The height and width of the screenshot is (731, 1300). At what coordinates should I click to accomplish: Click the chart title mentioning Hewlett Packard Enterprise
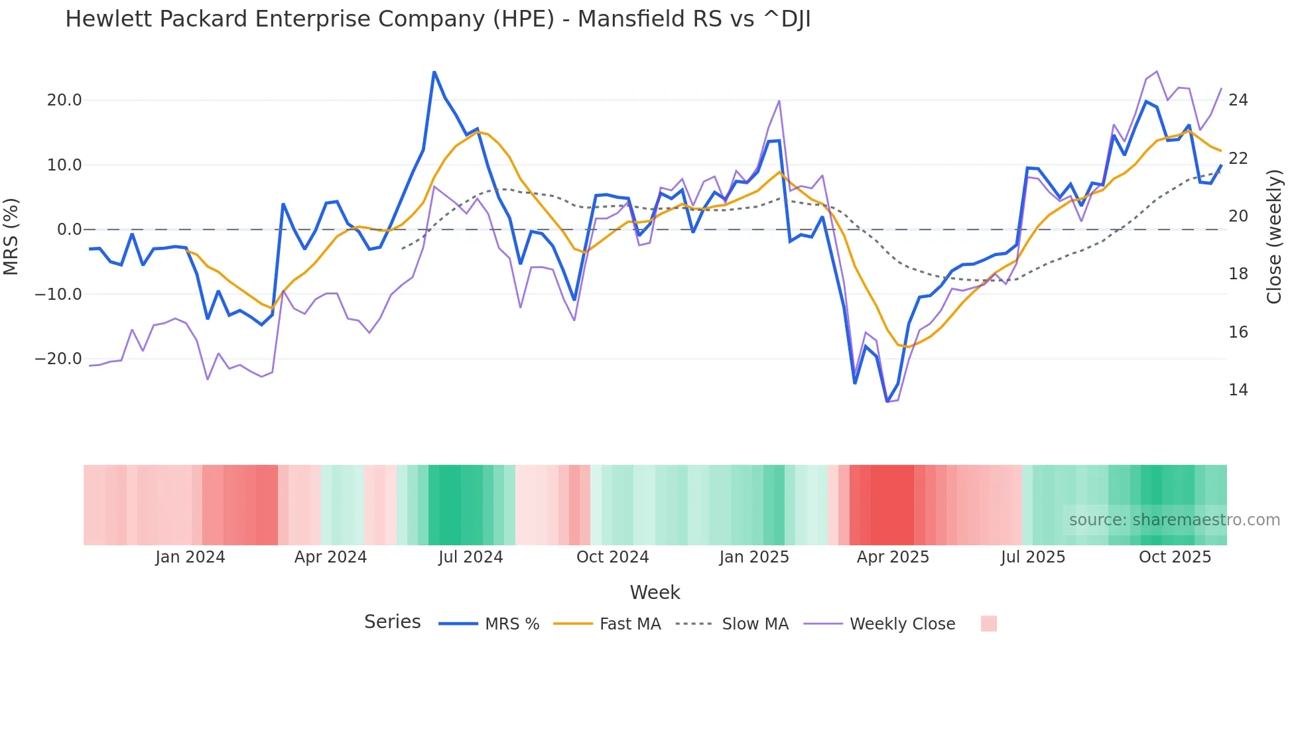pos(438,19)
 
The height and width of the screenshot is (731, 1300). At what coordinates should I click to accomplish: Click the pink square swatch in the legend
pos(988,624)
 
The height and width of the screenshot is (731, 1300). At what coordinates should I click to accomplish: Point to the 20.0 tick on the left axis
pos(64,100)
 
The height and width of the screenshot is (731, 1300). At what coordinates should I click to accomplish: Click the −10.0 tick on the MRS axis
pos(58,294)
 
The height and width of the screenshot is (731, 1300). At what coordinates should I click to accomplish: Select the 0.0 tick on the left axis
pos(70,230)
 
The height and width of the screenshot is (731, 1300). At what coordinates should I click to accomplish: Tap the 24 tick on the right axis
pos(1238,100)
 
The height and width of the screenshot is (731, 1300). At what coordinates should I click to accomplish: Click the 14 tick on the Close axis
pos(1238,390)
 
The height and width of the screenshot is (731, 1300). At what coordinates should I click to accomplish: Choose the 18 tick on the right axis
pos(1238,274)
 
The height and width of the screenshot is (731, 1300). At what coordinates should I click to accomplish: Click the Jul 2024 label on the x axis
pos(470,557)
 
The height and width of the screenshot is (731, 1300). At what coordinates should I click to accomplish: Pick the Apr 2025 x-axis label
pos(893,557)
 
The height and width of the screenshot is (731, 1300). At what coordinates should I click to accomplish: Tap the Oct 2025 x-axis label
pos(1175,557)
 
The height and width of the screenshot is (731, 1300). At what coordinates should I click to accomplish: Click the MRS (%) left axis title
pos(11,236)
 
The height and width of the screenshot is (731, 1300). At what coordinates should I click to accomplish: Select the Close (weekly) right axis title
pos(1273,237)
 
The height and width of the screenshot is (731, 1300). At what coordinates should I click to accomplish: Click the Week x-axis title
pos(655,592)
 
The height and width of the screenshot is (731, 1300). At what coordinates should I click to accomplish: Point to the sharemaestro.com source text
pos(1174,520)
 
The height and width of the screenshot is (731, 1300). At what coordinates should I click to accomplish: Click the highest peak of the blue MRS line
pos(434,72)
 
